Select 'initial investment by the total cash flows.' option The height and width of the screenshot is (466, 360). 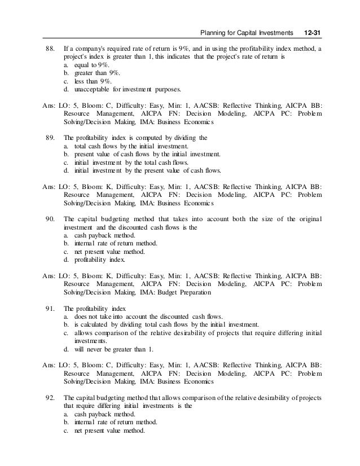pos(144,162)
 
